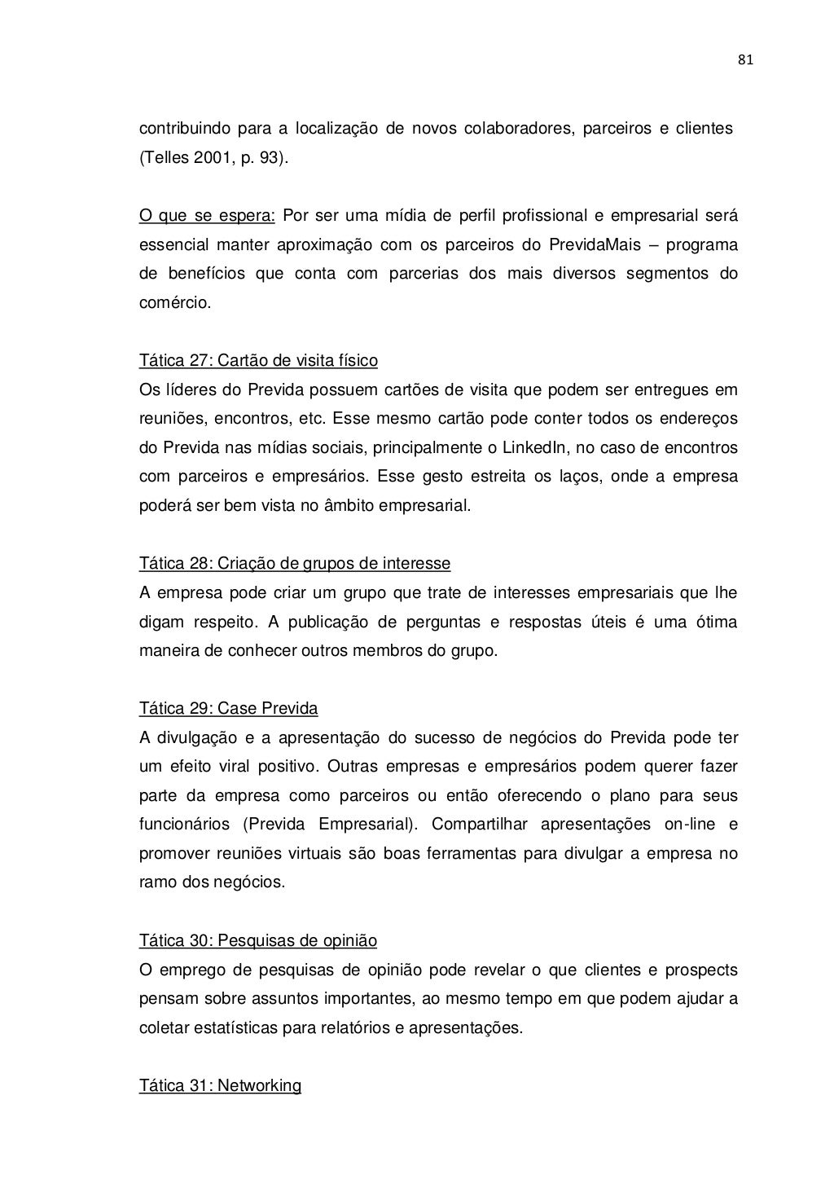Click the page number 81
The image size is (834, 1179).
[x=744, y=59]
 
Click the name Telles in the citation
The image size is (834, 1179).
[x=165, y=158]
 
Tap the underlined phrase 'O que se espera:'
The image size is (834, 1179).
[x=207, y=216]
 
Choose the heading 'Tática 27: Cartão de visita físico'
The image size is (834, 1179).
[x=258, y=360]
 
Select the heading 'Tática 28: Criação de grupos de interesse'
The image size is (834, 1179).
[x=295, y=564]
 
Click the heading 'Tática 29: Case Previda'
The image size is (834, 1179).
[x=228, y=708]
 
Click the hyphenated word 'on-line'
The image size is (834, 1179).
[x=689, y=825]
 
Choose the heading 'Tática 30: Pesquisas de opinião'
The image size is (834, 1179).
[x=258, y=941]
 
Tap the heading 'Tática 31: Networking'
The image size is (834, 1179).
[x=220, y=1085]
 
